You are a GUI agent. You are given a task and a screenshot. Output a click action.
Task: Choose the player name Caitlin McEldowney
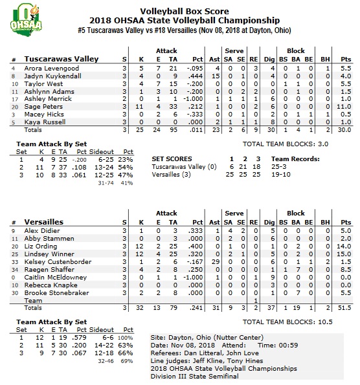[55, 276]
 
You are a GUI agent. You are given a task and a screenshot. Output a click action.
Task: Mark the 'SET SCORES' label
[172, 159]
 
